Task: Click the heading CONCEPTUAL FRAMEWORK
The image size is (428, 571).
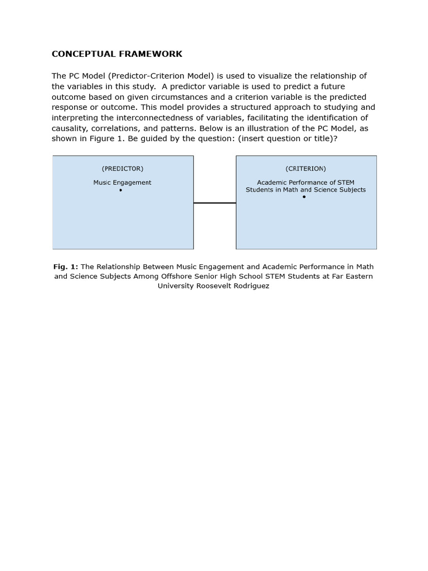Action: coord(117,54)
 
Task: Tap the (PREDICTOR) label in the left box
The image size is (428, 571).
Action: coord(123,168)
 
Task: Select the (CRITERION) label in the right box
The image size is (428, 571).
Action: coord(306,168)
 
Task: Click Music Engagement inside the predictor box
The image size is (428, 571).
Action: coord(122,182)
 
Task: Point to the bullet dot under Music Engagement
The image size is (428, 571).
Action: coord(120,191)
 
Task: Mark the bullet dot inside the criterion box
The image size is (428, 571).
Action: coord(304,197)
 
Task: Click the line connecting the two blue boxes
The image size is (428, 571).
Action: coord(215,203)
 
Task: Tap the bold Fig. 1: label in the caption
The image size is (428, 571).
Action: coord(66,267)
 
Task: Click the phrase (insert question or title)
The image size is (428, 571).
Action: coord(285,138)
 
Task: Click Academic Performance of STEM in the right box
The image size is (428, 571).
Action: coord(305,182)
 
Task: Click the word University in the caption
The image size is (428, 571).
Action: coord(177,285)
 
